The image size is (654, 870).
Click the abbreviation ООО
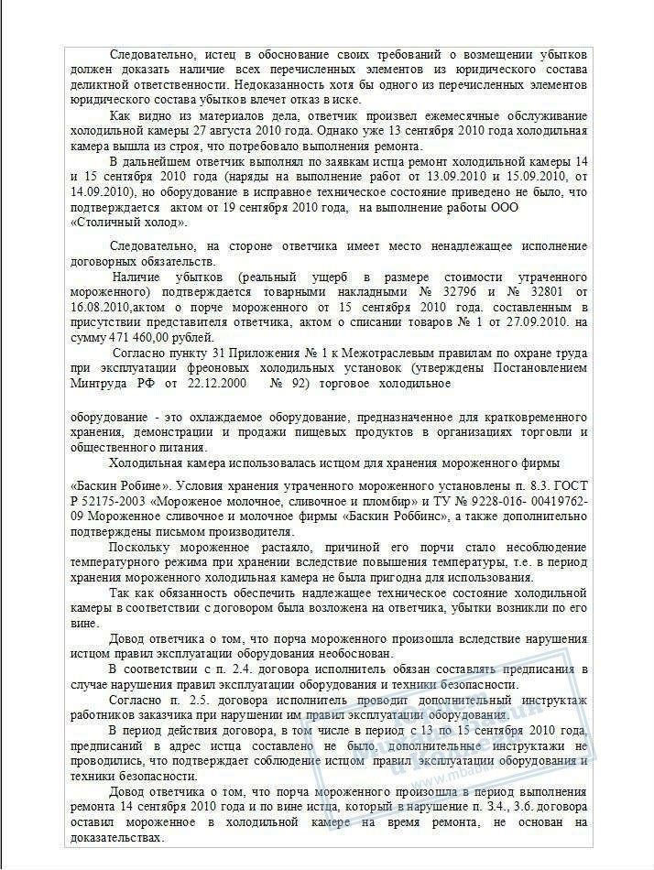pos(503,208)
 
